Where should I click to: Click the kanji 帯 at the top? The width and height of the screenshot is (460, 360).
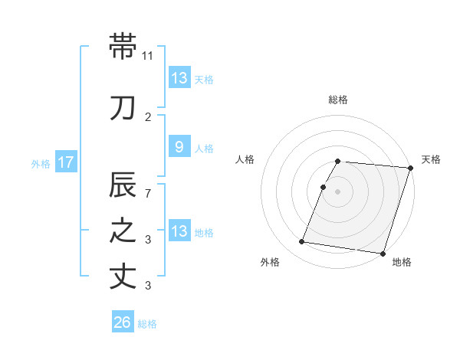pos(123,46)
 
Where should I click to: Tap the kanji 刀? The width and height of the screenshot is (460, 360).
pos(123,108)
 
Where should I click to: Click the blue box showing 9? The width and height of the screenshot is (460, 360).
pos(179,148)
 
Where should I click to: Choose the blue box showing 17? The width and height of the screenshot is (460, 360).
pos(65,162)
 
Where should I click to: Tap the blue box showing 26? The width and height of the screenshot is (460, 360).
pos(122,323)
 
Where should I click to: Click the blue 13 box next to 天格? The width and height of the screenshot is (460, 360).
pos(179,77)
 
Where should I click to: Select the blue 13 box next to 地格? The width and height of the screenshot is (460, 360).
pos(179,231)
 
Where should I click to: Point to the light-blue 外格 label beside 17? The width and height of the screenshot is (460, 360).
pos(41,163)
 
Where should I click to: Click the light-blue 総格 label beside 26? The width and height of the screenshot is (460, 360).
pos(147,324)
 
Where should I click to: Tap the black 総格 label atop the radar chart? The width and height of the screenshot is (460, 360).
pos(338,100)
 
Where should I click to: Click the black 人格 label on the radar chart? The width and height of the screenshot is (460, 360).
pos(245,159)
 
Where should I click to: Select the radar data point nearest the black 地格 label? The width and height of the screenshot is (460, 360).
pos(383,253)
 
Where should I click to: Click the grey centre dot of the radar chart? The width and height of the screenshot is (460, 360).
pos(338,191)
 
